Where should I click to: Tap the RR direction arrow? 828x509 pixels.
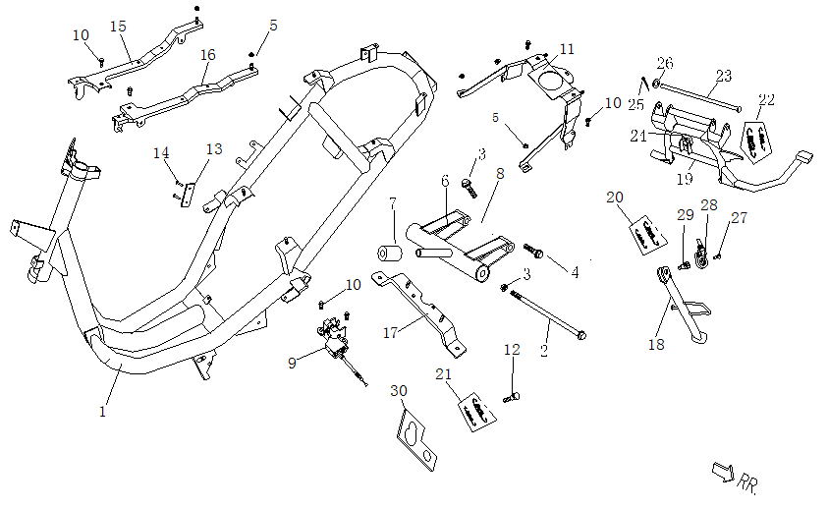[x=723, y=473]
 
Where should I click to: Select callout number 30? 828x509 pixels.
[x=398, y=391]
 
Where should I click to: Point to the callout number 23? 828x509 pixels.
[x=724, y=75]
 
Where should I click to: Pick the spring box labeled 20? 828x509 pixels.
[x=644, y=233]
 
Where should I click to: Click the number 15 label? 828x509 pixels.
[x=118, y=26]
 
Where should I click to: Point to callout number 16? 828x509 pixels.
[x=207, y=55]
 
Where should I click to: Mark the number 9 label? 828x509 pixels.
[x=292, y=363]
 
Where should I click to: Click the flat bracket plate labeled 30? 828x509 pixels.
[x=420, y=439]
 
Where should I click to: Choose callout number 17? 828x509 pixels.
[x=390, y=333]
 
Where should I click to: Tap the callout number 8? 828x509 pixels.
[x=499, y=173]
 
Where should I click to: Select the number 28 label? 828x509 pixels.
[x=708, y=204]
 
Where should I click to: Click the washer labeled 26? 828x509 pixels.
[x=655, y=85]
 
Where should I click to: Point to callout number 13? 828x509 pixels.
[x=213, y=148]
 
